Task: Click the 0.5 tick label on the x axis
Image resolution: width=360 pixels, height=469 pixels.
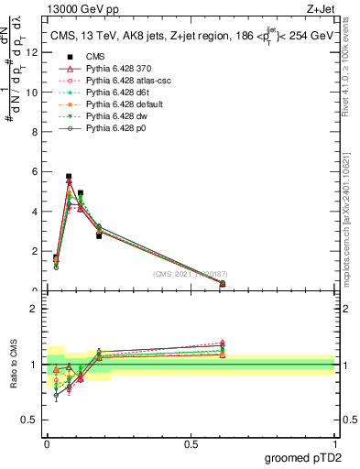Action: [x=191, y=444]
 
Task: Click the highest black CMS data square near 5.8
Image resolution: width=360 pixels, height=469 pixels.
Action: [x=69, y=176]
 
